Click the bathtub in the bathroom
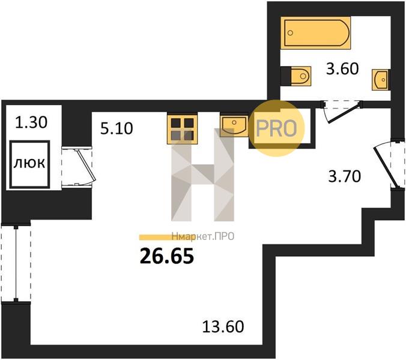[316, 33]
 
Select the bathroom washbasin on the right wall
[380, 80]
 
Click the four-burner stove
[183, 130]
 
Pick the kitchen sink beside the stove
[234, 126]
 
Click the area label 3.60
[342, 69]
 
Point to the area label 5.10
[117, 128]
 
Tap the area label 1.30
[31, 122]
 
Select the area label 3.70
[344, 177]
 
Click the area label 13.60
[223, 326]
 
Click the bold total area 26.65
[167, 256]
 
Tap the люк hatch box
[29, 164]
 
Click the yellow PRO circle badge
[276, 128]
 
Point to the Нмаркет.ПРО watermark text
[203, 236]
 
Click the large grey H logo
[202, 175]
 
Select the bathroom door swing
[341, 112]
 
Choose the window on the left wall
[16, 262]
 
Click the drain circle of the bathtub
[290, 32]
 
